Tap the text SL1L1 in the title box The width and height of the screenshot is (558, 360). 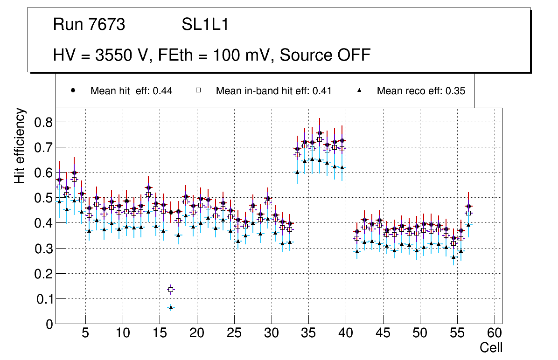pyautogui.click(x=205, y=25)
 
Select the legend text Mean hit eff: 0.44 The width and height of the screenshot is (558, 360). pyautogui.click(x=131, y=91)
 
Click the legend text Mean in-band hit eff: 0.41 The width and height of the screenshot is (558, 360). pyautogui.click(x=273, y=91)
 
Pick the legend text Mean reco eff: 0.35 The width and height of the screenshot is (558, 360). pyautogui.click(x=421, y=91)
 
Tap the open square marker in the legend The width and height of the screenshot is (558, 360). pyautogui.click(x=198, y=90)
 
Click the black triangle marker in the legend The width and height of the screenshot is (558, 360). pyautogui.click(x=359, y=90)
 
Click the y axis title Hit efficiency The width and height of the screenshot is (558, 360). pyautogui.click(x=20, y=145)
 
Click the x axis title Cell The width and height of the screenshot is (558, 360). pyautogui.click(x=491, y=348)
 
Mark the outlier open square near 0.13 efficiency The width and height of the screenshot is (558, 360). pyautogui.click(x=171, y=290)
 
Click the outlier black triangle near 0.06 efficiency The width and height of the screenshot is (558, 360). pyautogui.click(x=171, y=307)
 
